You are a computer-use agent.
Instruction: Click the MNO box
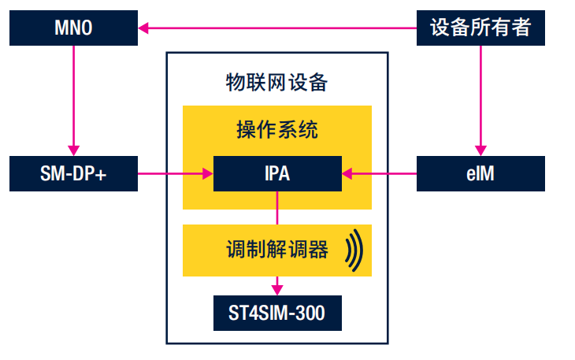pos(72,29)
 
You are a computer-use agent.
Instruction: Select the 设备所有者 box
pos(480,29)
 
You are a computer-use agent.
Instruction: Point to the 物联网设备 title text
pos(276,82)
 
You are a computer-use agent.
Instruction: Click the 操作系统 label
pos(277,129)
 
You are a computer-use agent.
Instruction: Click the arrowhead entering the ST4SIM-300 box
pos(277,289)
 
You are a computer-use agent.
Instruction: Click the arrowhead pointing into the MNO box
pos(143,29)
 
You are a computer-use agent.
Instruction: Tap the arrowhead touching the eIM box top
pos(480,150)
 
